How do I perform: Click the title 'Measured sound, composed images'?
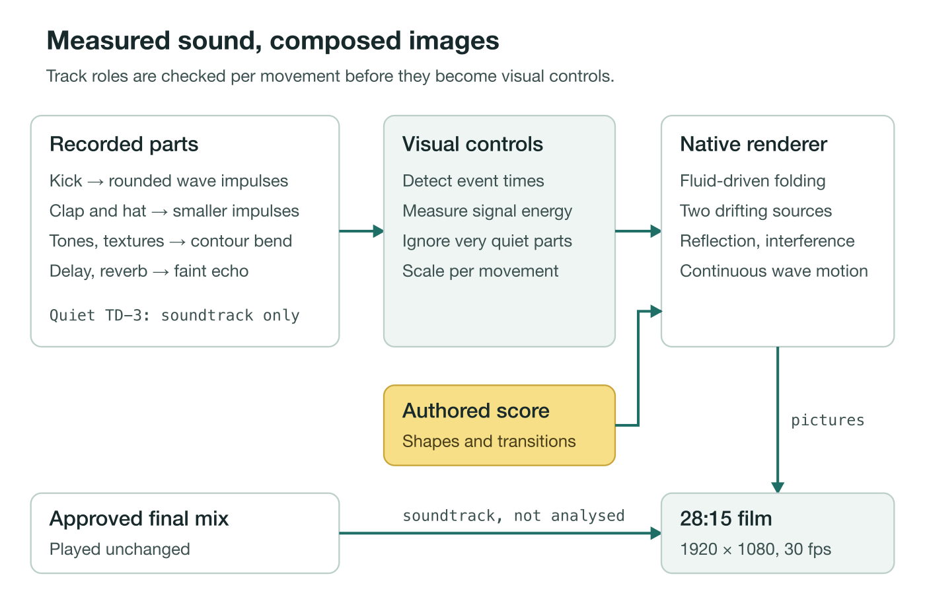click(x=273, y=41)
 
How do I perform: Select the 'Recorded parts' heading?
click(x=124, y=145)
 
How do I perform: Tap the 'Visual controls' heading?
click(x=472, y=145)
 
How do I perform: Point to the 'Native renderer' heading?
click(x=754, y=145)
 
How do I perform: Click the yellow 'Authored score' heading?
click(x=476, y=411)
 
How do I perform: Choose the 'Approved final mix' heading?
click(x=139, y=519)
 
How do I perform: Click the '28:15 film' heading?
click(x=726, y=519)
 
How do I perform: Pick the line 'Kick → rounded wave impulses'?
click(x=169, y=181)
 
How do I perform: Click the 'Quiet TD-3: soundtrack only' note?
click(x=174, y=316)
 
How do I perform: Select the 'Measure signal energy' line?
click(x=488, y=211)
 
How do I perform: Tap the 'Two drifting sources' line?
click(x=756, y=211)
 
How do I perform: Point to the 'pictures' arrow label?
click(x=827, y=421)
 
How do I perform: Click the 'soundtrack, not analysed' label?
click(x=513, y=516)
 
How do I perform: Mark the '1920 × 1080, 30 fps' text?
click(x=756, y=549)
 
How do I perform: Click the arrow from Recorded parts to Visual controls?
click(x=361, y=231)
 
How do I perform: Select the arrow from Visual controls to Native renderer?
click(x=638, y=231)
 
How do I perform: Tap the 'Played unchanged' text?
click(x=120, y=549)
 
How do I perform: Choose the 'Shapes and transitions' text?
click(x=489, y=442)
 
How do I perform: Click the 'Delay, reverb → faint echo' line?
click(x=149, y=271)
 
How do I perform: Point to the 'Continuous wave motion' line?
click(x=774, y=271)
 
